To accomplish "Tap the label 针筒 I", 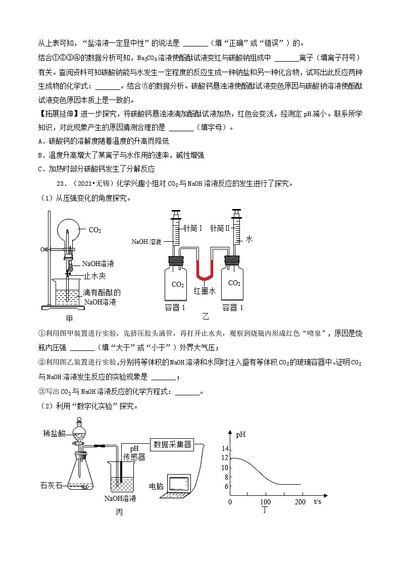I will pos(192,228).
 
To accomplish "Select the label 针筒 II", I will pos(220,228).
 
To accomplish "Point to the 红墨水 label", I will pos(205,291).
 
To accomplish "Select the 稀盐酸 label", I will pos(55,434).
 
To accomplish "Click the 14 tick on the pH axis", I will pos(226,449).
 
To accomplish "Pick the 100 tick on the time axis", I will pos(265,502).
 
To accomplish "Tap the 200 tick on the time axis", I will pos(300,502).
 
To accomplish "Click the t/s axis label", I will pos(318,501).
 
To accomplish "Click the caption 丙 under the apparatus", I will pos(119,512).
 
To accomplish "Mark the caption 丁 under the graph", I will pos(265,510).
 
